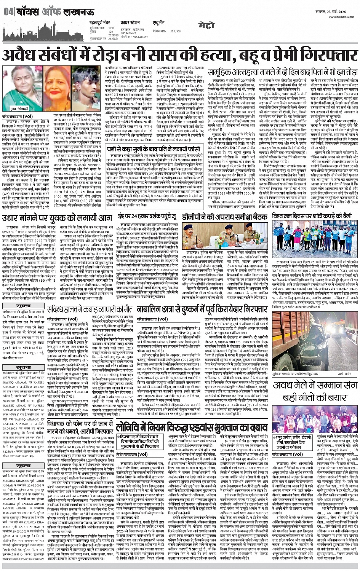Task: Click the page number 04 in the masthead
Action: coord(8,12)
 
